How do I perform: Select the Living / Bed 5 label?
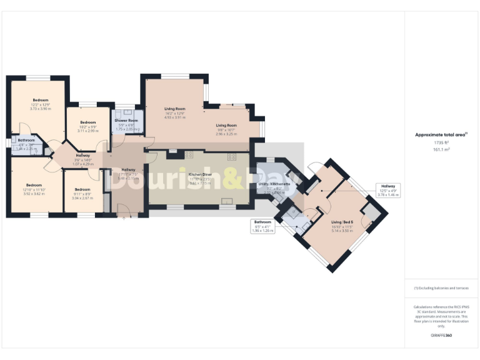pyautogui.click(x=342, y=222)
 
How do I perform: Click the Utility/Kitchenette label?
pyautogui.click(x=275, y=185)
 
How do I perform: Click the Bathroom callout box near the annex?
pyautogui.click(x=262, y=226)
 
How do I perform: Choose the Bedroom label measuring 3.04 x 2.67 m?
pyautogui.click(x=82, y=189)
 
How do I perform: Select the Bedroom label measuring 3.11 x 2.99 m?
pyautogui.click(x=87, y=122)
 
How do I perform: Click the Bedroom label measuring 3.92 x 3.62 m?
pyautogui.click(x=33, y=185)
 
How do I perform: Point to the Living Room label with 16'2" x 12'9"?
pyautogui.click(x=176, y=109)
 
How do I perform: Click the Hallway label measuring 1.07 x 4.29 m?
pyautogui.click(x=82, y=156)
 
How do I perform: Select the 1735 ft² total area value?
pyautogui.click(x=442, y=143)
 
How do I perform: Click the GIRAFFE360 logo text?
pyautogui.click(x=441, y=336)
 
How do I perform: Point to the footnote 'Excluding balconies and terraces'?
pyautogui.click(x=441, y=288)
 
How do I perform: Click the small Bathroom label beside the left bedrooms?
pyautogui.click(x=26, y=141)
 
